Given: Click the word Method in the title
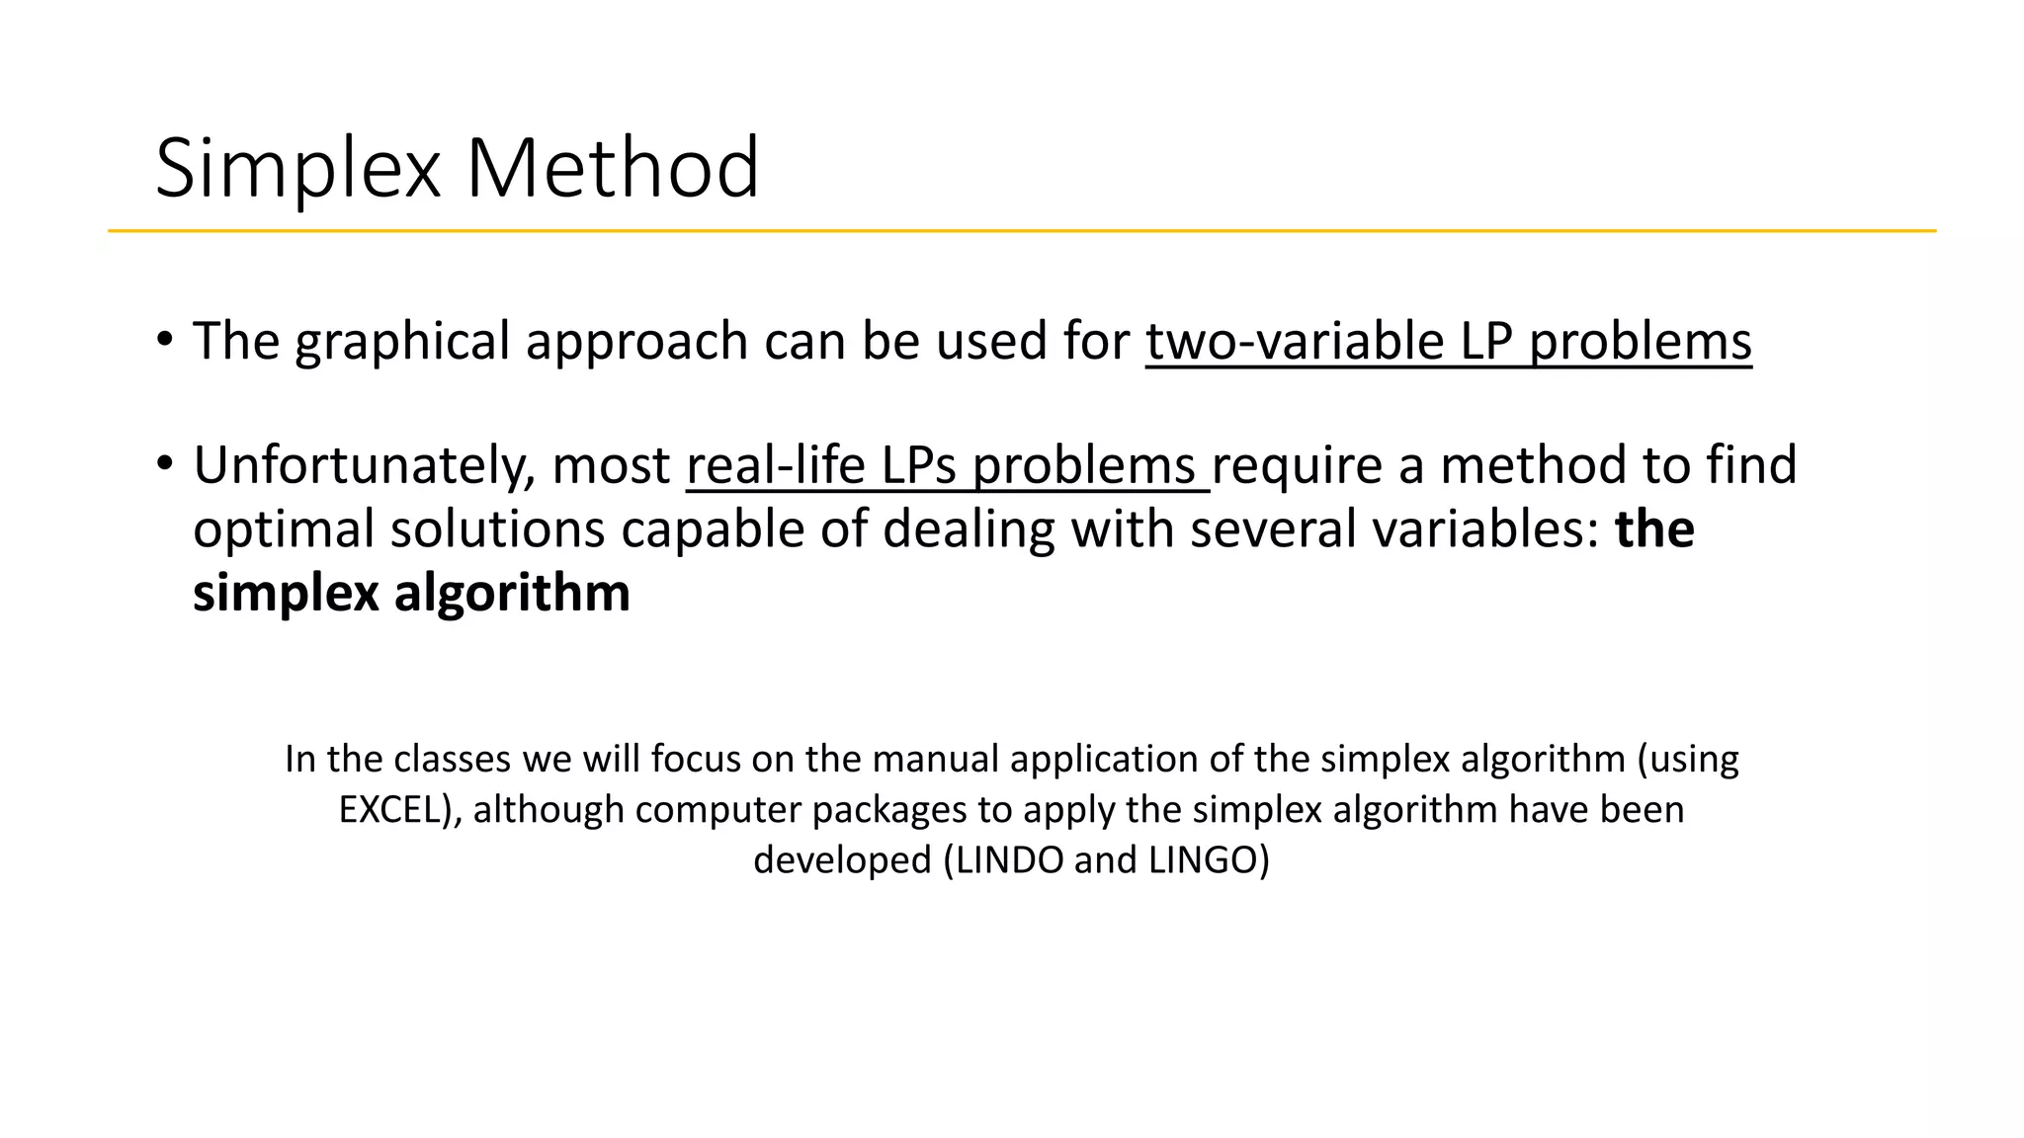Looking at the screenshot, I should click(x=612, y=168).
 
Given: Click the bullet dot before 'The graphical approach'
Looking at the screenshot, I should click(x=164, y=339).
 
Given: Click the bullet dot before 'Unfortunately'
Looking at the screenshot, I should click(x=164, y=462).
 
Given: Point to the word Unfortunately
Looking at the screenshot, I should click(x=365, y=466).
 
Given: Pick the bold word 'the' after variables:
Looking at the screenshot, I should click(x=1654, y=529).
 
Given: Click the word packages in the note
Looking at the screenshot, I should click(x=889, y=810).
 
